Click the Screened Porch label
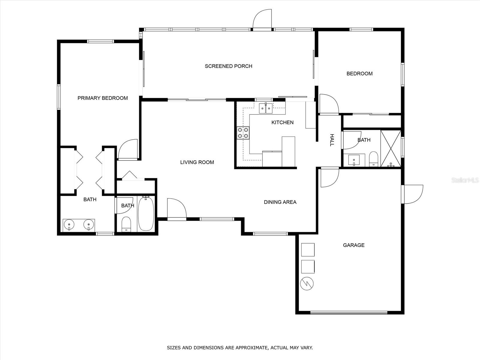[x=229, y=66]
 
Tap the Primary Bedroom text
[x=103, y=98]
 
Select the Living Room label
[x=197, y=162]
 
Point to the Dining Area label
[x=280, y=202]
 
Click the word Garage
[x=354, y=245]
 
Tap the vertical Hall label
[x=332, y=140]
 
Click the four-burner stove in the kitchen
[x=243, y=133]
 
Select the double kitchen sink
[x=266, y=108]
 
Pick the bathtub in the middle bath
[x=146, y=213]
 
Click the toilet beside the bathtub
[x=126, y=224]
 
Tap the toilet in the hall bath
[x=373, y=159]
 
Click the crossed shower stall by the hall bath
[x=391, y=148]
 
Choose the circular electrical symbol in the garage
[x=307, y=284]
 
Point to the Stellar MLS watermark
[x=465, y=180]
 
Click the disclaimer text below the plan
[x=240, y=347]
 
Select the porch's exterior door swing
[x=262, y=19]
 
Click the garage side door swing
[x=413, y=194]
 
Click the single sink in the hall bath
[x=354, y=160]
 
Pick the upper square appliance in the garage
[x=308, y=250]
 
